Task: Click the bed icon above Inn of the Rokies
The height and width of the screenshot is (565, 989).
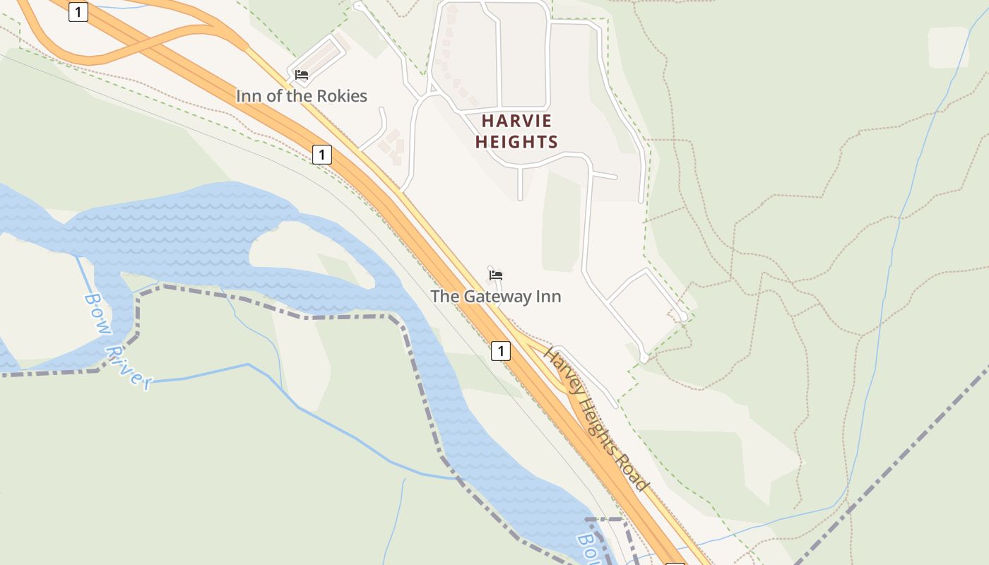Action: coord(302,75)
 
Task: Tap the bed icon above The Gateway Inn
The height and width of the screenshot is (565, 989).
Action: coord(496,275)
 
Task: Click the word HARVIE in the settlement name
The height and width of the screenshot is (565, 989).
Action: coord(516,121)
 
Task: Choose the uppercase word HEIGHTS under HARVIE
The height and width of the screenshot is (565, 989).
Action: coord(516,142)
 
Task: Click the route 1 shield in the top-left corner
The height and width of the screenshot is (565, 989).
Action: coord(78,12)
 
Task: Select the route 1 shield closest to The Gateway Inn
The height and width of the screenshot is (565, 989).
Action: coord(501,350)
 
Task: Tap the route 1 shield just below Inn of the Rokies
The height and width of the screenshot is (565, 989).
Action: coord(322,154)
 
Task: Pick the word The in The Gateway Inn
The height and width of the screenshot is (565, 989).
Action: coord(445,297)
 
